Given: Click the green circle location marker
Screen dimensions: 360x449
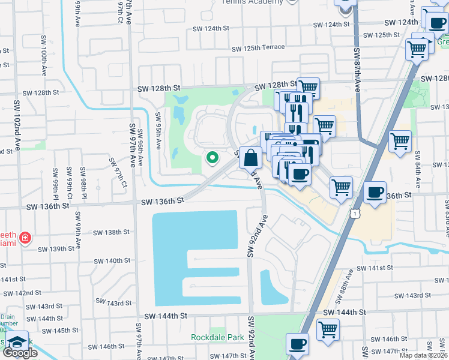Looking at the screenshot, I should point(212,158).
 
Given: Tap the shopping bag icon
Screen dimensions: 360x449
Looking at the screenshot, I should point(250,158).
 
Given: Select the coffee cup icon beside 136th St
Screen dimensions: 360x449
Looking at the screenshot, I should point(375,193).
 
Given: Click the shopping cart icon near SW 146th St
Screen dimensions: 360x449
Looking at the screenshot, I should point(328,329).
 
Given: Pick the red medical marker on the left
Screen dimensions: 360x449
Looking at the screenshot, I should point(25,238).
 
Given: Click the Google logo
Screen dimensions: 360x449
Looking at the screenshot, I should point(20,353).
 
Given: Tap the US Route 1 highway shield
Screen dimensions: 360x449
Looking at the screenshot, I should point(356,214).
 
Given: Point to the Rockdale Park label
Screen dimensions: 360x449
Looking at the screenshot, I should point(215,337).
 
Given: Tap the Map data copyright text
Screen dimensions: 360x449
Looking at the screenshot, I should point(424,355).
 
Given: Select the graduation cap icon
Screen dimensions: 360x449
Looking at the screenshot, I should point(16,341).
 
